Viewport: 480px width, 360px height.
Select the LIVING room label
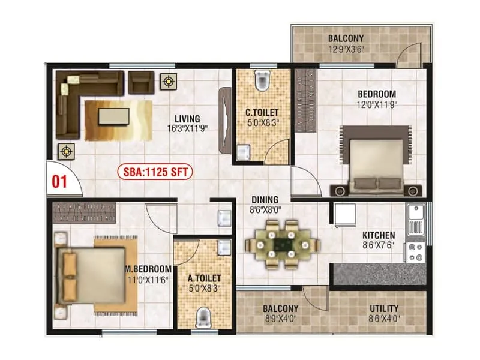point(187,118)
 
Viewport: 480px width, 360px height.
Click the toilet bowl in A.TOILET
point(203,316)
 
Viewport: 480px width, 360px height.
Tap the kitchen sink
point(415,220)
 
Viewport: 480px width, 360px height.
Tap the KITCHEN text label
point(378,235)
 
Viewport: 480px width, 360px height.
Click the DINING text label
point(265,200)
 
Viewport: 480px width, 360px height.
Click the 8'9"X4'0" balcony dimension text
point(281,319)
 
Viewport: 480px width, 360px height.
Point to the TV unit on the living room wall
point(225,117)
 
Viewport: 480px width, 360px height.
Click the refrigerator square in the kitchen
point(344,215)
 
